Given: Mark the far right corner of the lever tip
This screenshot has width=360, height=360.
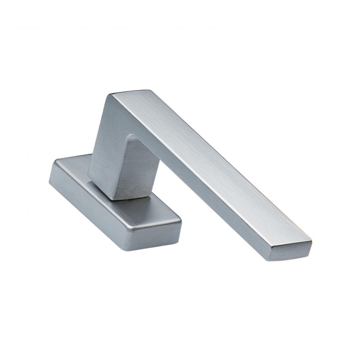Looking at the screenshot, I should [x=311, y=243].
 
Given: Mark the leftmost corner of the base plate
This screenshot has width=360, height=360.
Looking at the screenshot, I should [x=49, y=180].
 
